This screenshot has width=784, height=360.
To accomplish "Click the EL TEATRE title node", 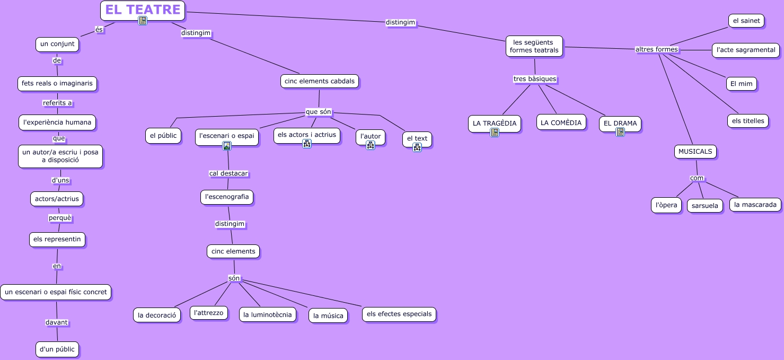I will pos(143,10).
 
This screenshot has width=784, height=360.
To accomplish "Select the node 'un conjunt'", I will pos(57,45).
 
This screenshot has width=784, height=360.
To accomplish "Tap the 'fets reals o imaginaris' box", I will pos(57,84).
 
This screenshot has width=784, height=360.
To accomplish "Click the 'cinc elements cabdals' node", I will pos(320,81).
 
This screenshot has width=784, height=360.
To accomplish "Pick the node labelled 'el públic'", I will pos(163,136).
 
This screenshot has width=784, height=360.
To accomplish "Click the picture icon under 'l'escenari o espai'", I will pos(227,146).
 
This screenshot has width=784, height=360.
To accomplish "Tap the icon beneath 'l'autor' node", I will pos(371,145).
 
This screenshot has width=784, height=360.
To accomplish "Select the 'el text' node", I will pos(417,139).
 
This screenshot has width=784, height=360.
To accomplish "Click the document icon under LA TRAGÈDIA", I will pos(495,133).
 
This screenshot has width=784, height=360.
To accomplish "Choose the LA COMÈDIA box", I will pos(561,122).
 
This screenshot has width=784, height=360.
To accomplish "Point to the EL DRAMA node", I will pos(620,124).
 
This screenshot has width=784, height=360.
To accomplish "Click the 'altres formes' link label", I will pos(656,49).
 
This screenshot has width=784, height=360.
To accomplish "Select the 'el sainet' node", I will pos(746,21).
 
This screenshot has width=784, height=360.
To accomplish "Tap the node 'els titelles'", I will pos(748,121).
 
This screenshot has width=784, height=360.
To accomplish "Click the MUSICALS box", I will pos(695,152).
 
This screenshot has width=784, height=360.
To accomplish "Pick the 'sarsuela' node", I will pos(705,206).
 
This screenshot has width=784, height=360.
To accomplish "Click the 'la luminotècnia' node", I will pos(268,315).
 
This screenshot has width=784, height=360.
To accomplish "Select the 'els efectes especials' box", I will pos(399,314).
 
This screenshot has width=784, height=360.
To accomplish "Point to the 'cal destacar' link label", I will pos(228,173).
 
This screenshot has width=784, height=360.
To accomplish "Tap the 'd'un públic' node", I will pos(58,349).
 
